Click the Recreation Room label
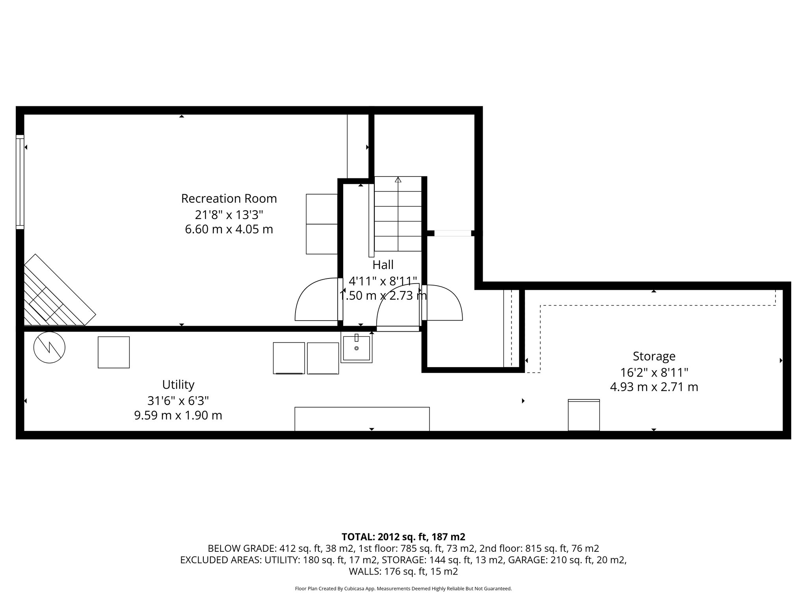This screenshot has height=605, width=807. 229,199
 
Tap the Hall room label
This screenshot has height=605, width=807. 383,264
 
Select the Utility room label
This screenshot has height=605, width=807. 178,384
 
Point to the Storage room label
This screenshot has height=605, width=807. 654,356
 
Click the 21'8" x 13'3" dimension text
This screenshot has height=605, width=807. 229,215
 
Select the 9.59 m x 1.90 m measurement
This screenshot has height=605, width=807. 178,416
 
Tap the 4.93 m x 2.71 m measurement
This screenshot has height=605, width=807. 654,387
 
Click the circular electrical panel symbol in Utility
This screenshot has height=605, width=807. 49,347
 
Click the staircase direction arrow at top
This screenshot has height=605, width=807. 398,180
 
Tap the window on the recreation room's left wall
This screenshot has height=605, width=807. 20,182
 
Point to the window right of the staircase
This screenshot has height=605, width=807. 452,233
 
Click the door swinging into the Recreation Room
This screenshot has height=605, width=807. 317,299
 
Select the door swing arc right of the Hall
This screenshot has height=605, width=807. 443,302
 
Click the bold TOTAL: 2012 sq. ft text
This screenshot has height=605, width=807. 403,537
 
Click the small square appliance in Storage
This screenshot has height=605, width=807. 584,415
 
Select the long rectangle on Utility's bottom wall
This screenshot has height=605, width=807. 362,419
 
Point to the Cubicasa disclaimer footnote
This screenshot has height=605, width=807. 403,589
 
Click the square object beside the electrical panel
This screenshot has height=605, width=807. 113,352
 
